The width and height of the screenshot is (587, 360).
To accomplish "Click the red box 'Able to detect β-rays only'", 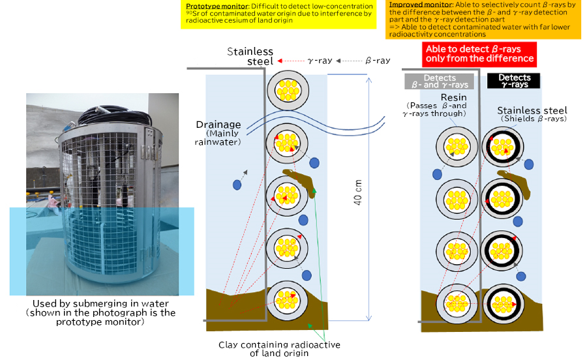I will pyautogui.click(x=479, y=53).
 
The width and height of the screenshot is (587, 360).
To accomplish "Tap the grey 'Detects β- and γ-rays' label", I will pyautogui.click(x=440, y=81).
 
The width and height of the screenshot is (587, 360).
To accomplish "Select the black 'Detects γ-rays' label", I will pyautogui.click(x=514, y=81).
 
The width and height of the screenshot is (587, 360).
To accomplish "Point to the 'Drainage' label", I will pyautogui.click(x=218, y=125).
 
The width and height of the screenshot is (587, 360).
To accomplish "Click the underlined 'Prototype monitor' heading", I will pyautogui.click(x=207, y=6).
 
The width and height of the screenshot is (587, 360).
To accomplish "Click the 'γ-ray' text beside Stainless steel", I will pyautogui.click(x=320, y=60).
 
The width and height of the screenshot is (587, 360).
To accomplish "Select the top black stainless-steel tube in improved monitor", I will pyautogui.click(x=502, y=147).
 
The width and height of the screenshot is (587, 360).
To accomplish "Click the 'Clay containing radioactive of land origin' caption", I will pyautogui.click(x=280, y=349).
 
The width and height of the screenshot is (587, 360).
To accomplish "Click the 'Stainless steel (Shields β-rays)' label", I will pyautogui.click(x=532, y=114).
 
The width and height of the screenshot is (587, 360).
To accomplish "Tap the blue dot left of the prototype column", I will pyautogui.click(x=237, y=185).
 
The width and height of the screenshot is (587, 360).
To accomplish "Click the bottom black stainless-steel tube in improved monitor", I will pyautogui.click(x=502, y=302).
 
